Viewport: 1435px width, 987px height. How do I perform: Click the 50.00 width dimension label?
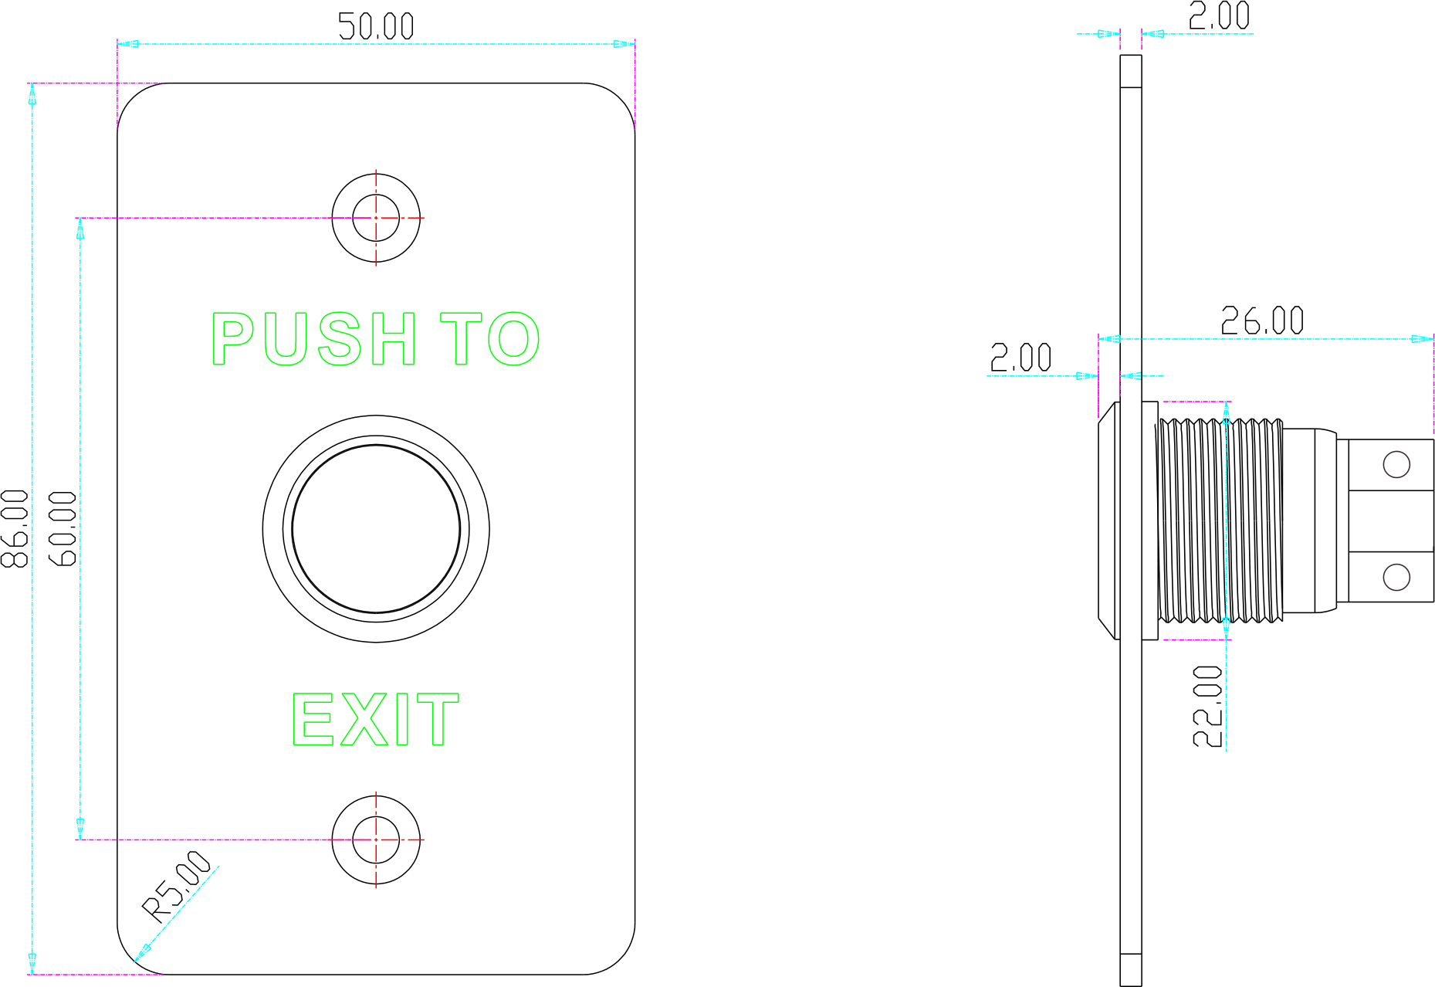(376, 27)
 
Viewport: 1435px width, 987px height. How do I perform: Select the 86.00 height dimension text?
(15, 528)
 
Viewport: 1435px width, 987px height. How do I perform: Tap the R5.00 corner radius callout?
(178, 886)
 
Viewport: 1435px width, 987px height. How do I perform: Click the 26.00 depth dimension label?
(1262, 321)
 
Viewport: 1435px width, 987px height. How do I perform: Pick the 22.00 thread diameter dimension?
(1208, 706)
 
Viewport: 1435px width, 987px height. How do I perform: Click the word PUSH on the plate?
(313, 338)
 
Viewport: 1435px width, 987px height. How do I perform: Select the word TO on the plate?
(489, 338)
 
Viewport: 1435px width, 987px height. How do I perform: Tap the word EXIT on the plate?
(375, 720)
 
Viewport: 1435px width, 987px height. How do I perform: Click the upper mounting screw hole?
(376, 218)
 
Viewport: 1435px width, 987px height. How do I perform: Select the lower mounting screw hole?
(376, 839)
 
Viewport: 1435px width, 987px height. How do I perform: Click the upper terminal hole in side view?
(1396, 464)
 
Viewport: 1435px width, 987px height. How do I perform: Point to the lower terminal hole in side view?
(1396, 577)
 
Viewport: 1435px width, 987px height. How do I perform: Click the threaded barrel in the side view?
(1220, 520)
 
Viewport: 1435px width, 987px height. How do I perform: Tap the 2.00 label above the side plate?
(1219, 16)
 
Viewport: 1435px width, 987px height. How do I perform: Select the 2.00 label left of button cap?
(1020, 358)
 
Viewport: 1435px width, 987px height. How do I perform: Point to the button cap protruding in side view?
(1108, 520)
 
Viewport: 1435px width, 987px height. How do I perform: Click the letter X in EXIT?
(363, 720)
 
